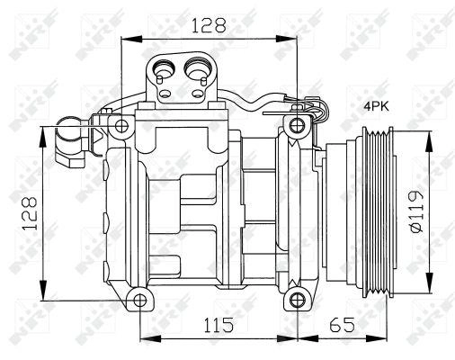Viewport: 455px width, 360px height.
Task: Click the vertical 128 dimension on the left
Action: point(30,213)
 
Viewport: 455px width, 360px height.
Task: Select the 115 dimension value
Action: point(219,325)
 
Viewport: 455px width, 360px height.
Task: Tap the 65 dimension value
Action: point(342,325)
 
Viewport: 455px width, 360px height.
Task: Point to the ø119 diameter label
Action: point(417,211)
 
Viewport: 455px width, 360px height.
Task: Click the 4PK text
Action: point(376,106)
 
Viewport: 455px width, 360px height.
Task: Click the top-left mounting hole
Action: point(121,126)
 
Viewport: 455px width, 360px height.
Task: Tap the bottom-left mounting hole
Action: point(140,301)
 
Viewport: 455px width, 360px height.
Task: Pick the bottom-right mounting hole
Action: point(297,300)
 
